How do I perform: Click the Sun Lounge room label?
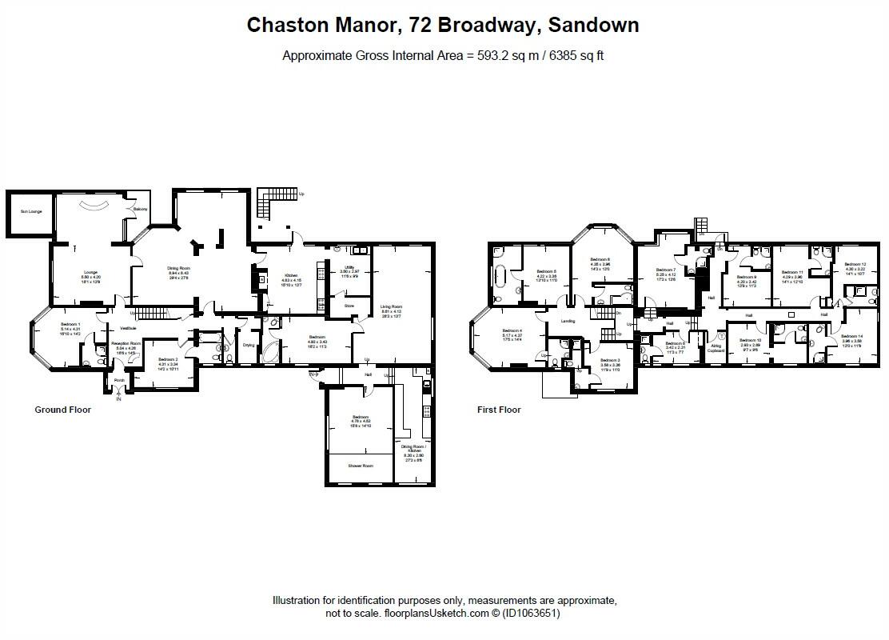32,211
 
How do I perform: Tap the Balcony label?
140,210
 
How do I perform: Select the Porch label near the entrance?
119,380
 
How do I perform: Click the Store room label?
349,306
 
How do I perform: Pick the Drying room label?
249,345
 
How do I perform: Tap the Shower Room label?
359,465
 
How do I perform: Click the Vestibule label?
128,328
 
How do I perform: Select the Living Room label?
391,306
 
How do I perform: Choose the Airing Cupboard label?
716,348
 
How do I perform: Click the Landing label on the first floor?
568,321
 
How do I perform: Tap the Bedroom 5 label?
546,271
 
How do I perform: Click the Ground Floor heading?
62,410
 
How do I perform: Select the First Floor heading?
499,410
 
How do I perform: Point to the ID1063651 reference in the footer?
531,614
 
